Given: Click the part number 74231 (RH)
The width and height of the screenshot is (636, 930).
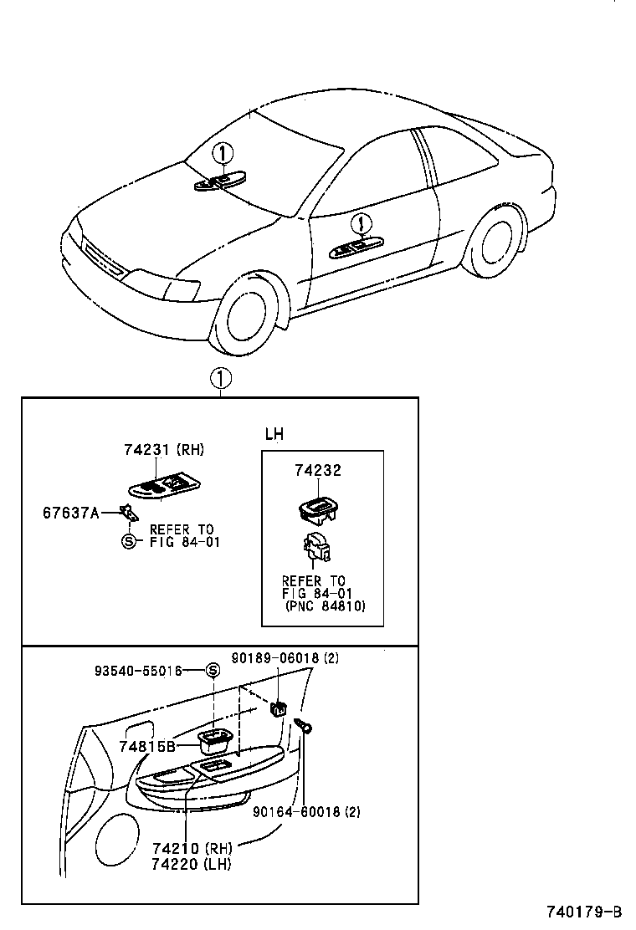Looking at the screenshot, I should tap(163, 450).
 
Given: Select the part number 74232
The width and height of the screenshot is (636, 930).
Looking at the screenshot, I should tap(318, 471).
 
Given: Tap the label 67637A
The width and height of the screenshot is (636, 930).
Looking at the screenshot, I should tap(71, 511).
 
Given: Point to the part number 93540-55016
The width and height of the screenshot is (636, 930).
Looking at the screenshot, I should tap(137, 671).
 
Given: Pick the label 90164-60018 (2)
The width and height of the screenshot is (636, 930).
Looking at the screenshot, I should tap(307, 810).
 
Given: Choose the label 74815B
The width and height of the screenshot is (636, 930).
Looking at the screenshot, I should tap(146, 746).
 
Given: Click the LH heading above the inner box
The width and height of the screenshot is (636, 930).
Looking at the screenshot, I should tap(274, 434).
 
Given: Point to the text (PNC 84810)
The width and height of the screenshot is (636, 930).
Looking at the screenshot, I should tap(325, 606).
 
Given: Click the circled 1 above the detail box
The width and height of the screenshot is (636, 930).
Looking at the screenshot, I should tap(220, 379).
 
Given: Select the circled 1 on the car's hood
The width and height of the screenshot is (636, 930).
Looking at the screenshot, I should tap(222, 155).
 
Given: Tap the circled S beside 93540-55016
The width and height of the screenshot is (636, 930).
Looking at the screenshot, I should tap(213, 671).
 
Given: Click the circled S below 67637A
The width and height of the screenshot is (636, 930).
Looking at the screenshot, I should tap(128, 541).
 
